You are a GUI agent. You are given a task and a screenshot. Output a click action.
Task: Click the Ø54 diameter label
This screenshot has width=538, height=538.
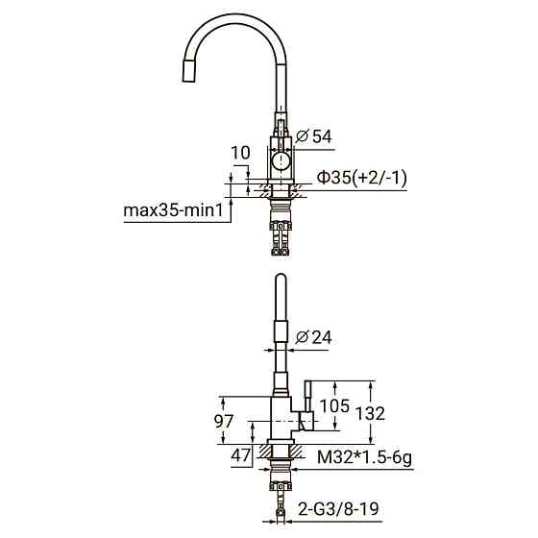[314, 137]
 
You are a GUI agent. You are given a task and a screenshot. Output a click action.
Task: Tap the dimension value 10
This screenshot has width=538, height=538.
[240, 153]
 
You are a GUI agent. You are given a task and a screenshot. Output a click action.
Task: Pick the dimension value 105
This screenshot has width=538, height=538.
[334, 405]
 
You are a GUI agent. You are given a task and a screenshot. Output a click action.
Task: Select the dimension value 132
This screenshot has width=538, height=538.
[369, 413]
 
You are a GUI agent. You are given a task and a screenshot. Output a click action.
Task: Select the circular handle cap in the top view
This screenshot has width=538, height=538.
[280, 161]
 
